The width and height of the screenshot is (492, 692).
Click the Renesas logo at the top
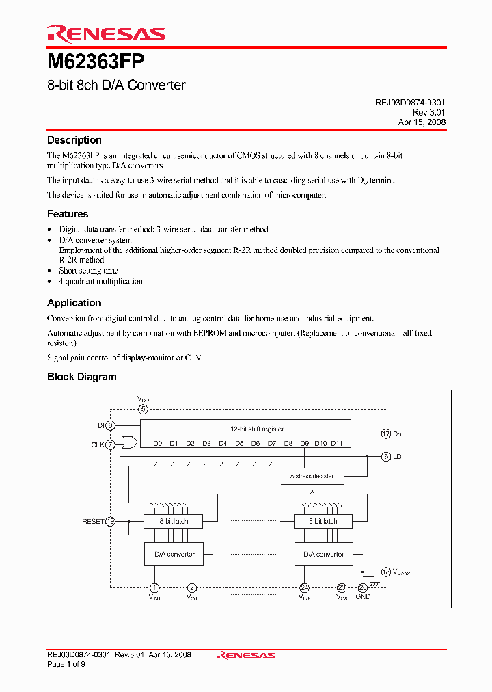point(106,34)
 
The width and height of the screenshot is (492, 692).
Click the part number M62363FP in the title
point(96,62)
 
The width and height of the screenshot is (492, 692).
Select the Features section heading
point(68,214)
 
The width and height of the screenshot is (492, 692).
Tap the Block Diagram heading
point(81,377)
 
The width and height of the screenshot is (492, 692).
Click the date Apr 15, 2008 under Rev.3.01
point(422,122)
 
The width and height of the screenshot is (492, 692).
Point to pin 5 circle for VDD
point(143,410)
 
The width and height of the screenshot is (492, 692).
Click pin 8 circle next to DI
point(111,426)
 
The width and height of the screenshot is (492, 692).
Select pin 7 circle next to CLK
point(111,444)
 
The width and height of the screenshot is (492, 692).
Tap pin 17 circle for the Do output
point(386,434)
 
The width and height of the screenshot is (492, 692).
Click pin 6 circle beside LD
point(386,456)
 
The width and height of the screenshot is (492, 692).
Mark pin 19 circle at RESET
point(111,521)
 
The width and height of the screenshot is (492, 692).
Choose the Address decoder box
point(312,476)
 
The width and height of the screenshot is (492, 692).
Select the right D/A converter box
point(323,554)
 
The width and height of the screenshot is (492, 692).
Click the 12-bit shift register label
point(256,429)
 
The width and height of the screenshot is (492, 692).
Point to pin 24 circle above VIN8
point(304,587)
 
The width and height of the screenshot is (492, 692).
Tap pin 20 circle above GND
point(363,587)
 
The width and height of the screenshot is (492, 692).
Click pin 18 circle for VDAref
point(386,572)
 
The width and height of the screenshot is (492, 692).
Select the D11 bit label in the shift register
point(336,443)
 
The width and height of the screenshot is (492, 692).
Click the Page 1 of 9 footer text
point(66,664)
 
